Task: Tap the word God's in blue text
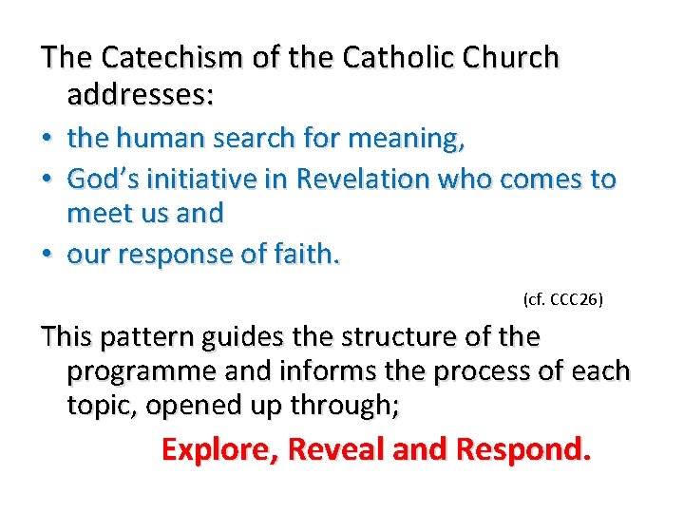[100, 178]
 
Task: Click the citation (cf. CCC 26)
[563, 300]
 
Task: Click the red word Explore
[221, 448]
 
